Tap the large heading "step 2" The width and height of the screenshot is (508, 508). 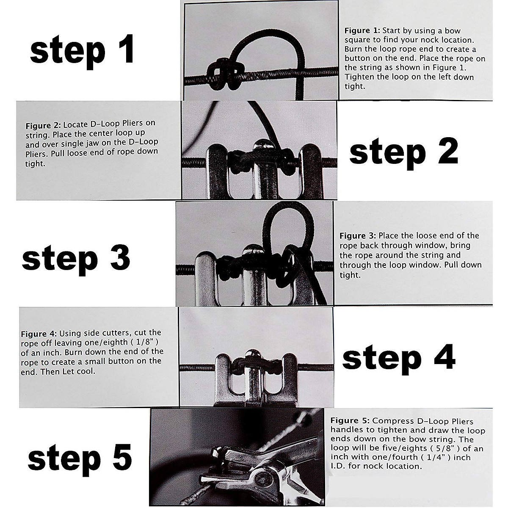[403, 153]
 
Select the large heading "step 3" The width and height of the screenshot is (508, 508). [76, 259]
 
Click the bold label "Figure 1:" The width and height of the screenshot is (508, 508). [362, 31]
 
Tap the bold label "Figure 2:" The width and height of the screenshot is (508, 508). [43, 126]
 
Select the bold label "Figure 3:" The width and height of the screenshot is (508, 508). [357, 236]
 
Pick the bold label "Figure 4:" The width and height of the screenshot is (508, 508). [39, 334]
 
